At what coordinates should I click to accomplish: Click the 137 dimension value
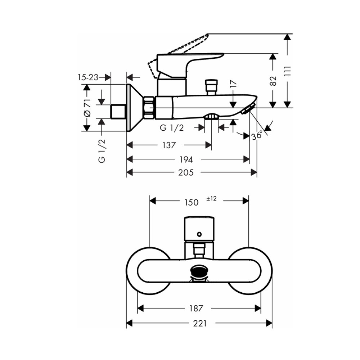(168, 145)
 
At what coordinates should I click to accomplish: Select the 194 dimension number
(187, 159)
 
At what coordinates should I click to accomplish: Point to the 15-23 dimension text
(88, 77)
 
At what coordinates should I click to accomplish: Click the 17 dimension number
(234, 84)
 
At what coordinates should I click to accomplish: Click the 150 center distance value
(191, 202)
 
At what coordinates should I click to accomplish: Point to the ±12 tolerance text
(211, 198)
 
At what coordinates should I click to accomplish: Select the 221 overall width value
(200, 324)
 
